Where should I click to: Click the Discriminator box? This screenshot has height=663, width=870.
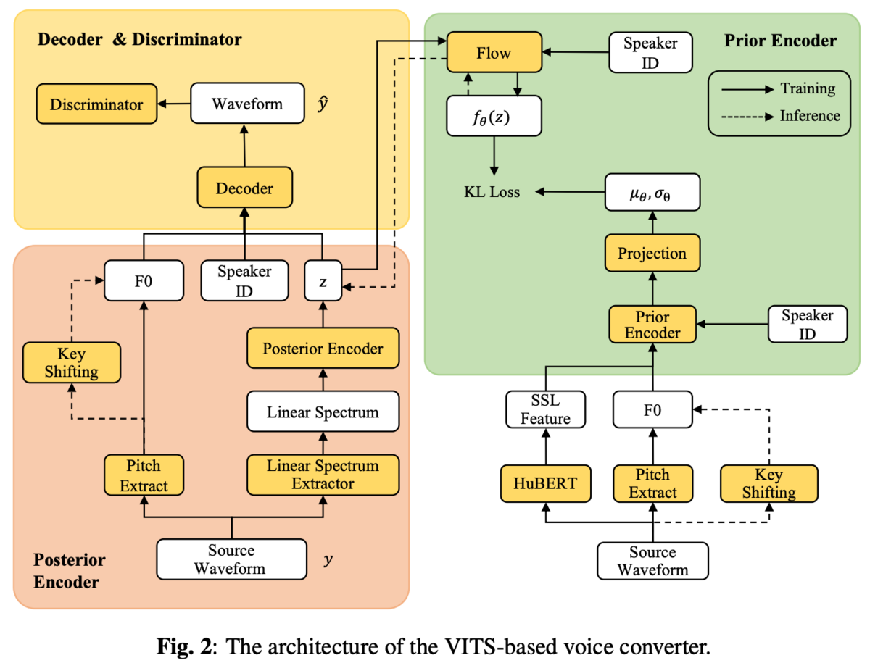tap(96, 104)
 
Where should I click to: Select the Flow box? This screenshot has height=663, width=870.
tap(494, 52)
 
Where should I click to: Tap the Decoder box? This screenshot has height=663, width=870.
tap(244, 187)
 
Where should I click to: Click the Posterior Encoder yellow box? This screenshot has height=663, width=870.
tap(323, 348)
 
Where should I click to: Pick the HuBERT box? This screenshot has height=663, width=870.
tap(545, 483)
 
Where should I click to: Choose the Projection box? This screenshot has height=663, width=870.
tap(652, 253)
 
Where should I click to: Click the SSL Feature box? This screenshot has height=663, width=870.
tap(545, 409)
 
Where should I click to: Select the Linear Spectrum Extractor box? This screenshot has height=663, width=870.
tap(323, 475)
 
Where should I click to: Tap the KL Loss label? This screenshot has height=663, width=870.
tap(492, 192)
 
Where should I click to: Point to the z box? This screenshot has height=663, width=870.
tap(323, 280)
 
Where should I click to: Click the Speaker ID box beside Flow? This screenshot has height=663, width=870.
tap(650, 52)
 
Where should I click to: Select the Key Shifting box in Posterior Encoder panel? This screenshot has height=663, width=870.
tap(71, 362)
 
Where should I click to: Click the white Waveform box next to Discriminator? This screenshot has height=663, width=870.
tap(247, 103)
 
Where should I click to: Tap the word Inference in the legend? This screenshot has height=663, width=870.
tap(810, 116)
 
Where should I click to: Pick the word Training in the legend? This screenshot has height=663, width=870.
tap(808, 88)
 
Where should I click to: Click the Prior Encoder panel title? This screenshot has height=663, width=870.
tap(780, 41)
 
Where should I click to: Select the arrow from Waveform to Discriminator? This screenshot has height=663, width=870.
tap(173, 104)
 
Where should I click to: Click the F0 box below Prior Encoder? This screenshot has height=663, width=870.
tap(652, 409)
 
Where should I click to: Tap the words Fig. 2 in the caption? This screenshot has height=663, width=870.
tap(185, 646)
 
